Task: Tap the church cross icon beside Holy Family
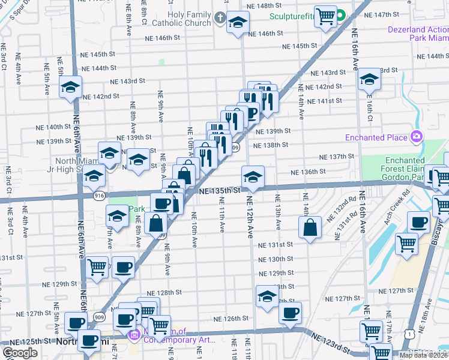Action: [220, 20]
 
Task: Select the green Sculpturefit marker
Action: [340, 16]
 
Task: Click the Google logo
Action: [20, 353]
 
